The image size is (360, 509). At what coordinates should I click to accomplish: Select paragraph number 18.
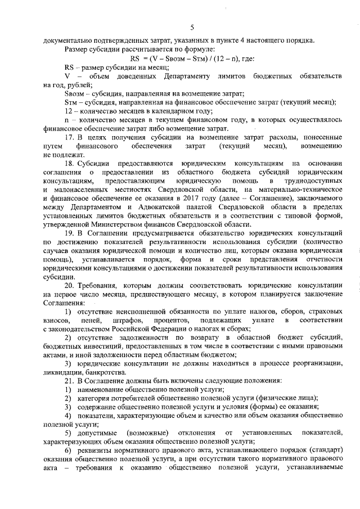pyautogui.click(x=70, y=163)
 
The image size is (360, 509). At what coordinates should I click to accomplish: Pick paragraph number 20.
pyautogui.click(x=70, y=285)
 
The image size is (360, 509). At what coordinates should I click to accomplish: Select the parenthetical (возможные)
pyautogui.click(x=148, y=434)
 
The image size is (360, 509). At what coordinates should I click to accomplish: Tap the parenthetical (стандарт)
pyautogui.click(x=319, y=452)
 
